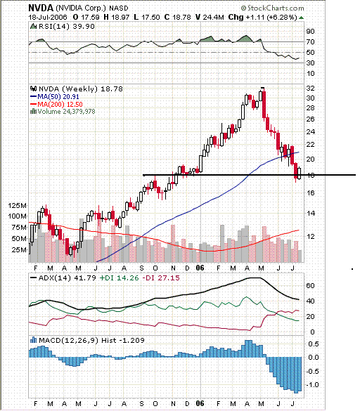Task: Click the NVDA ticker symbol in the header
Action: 39,7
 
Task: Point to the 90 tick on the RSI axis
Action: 310,31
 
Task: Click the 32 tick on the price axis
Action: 309,89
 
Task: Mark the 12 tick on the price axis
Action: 309,236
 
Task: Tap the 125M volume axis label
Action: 17,205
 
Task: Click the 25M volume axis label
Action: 19,249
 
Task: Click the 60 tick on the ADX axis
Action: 310,286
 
